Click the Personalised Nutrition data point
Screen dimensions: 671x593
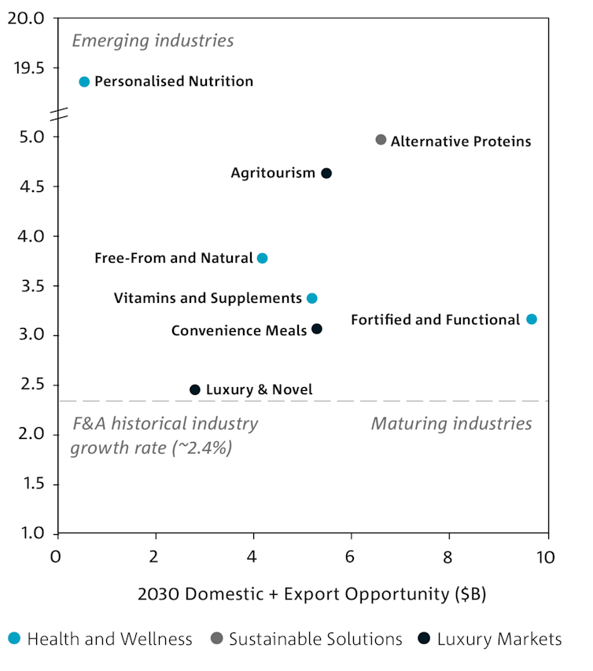click(x=84, y=82)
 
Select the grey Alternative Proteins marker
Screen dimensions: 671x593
click(x=381, y=140)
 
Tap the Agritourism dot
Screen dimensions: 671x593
click(x=326, y=173)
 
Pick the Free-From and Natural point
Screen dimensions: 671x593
click(x=263, y=258)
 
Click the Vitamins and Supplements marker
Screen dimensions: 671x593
click(x=312, y=298)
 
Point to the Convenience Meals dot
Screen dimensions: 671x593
click(x=317, y=329)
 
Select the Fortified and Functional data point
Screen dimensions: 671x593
click(x=532, y=319)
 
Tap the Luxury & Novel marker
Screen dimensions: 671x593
click(x=195, y=389)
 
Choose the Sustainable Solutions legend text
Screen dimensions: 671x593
click(x=315, y=639)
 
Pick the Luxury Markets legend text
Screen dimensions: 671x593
click(x=499, y=639)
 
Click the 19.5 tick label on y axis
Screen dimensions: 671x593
click(x=30, y=68)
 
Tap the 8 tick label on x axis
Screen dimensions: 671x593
click(x=449, y=557)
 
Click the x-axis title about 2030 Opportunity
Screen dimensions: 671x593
click(x=301, y=594)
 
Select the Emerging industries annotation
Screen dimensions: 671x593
click(x=153, y=41)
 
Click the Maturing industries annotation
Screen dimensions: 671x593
click(x=451, y=423)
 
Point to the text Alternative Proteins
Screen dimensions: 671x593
click(x=461, y=142)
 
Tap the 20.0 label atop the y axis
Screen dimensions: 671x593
click(x=30, y=17)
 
